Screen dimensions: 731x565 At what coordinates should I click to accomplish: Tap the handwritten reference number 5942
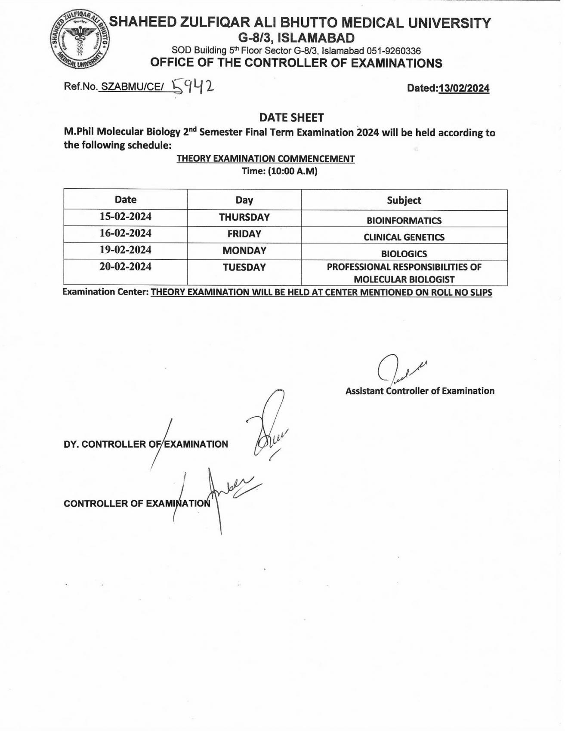pyautogui.click(x=192, y=87)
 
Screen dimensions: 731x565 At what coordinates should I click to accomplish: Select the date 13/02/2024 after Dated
pyautogui.click(x=463, y=88)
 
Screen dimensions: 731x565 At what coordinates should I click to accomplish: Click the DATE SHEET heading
pyautogui.click(x=291, y=117)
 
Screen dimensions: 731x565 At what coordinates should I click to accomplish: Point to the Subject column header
pyautogui.click(x=404, y=200)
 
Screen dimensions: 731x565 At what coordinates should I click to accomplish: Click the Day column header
pyautogui.click(x=244, y=200)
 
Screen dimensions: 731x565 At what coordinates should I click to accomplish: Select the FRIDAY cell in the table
pyautogui.click(x=244, y=234)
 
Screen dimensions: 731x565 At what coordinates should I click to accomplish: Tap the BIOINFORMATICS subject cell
pyautogui.click(x=404, y=221)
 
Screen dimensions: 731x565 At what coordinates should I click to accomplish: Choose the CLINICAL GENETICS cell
pyautogui.click(x=404, y=237)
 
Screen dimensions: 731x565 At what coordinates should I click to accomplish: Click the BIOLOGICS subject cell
pyautogui.click(x=404, y=254)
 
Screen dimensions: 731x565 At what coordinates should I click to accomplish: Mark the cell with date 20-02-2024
pyautogui.click(x=126, y=267)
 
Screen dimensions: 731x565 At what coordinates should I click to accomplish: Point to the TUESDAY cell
pyautogui.click(x=244, y=267)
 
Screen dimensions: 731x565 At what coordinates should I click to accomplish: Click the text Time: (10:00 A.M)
pyautogui.click(x=279, y=171)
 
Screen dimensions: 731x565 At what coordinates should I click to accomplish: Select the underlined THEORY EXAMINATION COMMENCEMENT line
pyautogui.click(x=266, y=159)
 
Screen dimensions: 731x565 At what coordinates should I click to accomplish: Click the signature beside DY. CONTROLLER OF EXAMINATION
pyautogui.click(x=269, y=426)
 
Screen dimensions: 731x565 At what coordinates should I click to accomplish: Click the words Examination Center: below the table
pyautogui.click(x=105, y=292)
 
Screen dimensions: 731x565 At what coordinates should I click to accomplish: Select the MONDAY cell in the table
pyautogui.click(x=244, y=250)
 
